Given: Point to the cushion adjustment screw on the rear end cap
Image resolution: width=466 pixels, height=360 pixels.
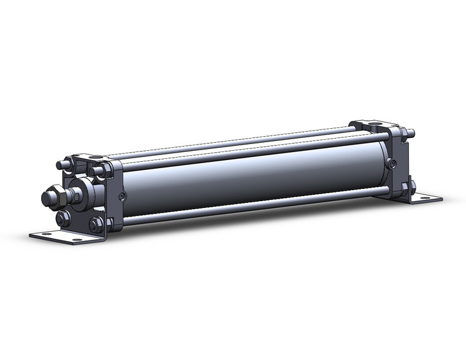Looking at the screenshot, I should [x=392, y=163].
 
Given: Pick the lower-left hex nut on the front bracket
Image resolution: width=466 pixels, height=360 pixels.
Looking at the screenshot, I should [x=62, y=219].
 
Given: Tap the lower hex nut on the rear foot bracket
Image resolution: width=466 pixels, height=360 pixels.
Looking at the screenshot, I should [x=410, y=186].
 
